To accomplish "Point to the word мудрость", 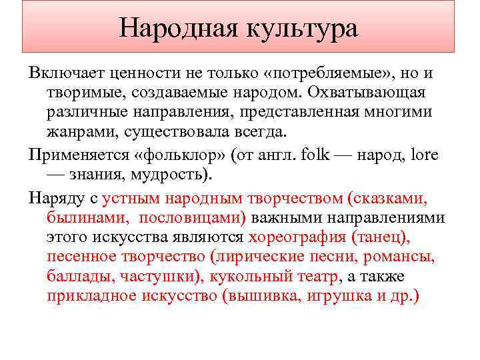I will point(175,175).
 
